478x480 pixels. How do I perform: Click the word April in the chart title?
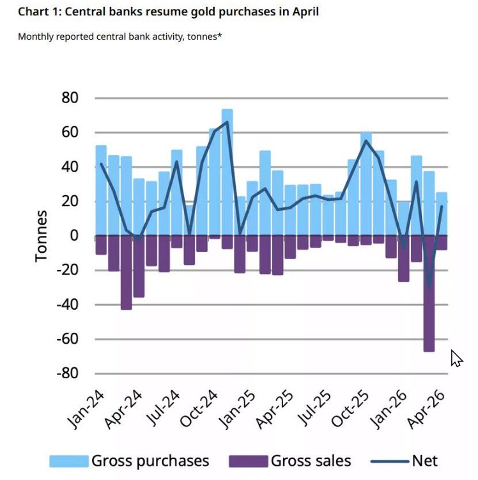[305, 12]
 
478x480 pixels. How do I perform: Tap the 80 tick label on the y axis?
[70, 98]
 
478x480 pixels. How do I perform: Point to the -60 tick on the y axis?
[67, 339]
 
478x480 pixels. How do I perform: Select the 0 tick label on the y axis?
[74, 236]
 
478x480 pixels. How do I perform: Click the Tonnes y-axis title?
[41, 236]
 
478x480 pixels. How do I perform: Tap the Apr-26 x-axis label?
[426, 410]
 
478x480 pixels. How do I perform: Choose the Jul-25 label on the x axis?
[315, 408]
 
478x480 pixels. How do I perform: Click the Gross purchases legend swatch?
[69, 461]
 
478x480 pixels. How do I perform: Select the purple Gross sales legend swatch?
[249, 461]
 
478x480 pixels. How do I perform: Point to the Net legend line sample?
[390, 461]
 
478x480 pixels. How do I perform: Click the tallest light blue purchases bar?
[227, 172]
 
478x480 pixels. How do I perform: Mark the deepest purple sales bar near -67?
[429, 294]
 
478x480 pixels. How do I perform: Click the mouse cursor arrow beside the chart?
[457, 358]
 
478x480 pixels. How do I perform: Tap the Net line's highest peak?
[227, 122]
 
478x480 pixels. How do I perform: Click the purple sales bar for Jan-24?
[101, 245]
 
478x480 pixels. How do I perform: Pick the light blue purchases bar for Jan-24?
[101, 191]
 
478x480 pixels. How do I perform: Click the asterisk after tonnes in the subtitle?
[219, 35]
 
